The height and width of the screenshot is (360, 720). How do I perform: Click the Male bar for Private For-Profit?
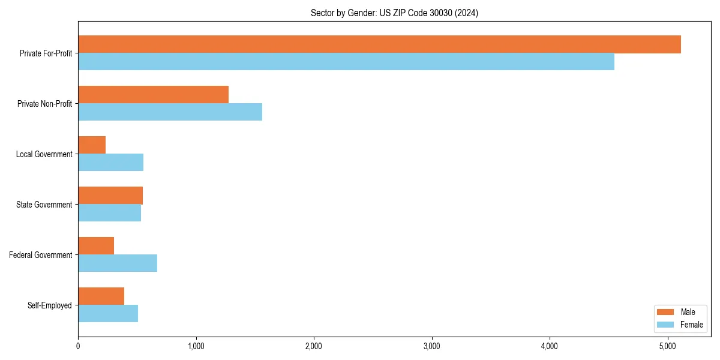coord(379,44)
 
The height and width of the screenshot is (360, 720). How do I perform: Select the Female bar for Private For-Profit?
coord(346,62)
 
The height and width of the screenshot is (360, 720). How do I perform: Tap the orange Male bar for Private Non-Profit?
coord(153,95)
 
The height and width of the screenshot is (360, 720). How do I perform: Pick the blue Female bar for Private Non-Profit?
coord(170,112)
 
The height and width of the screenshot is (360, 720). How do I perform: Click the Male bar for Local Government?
coord(92,145)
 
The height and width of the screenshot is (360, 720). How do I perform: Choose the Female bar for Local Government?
coord(110,163)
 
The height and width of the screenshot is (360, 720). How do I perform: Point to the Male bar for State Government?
coord(110,196)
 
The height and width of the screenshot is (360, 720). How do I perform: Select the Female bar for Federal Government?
coord(118,263)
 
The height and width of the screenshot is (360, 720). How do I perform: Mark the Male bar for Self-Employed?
coord(101,296)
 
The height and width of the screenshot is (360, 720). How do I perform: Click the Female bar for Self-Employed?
coord(108,313)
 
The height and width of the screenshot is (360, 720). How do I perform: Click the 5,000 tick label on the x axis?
coord(668,346)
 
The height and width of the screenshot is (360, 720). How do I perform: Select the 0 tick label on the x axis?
coord(78,346)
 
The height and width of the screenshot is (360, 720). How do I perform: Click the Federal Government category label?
coord(40,255)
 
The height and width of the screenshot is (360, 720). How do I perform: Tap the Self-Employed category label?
coord(49,305)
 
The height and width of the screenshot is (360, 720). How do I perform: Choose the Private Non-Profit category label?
coord(44,104)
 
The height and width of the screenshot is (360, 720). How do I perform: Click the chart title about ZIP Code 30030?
coord(394,13)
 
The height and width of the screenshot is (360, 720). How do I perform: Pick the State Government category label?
coord(44,205)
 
